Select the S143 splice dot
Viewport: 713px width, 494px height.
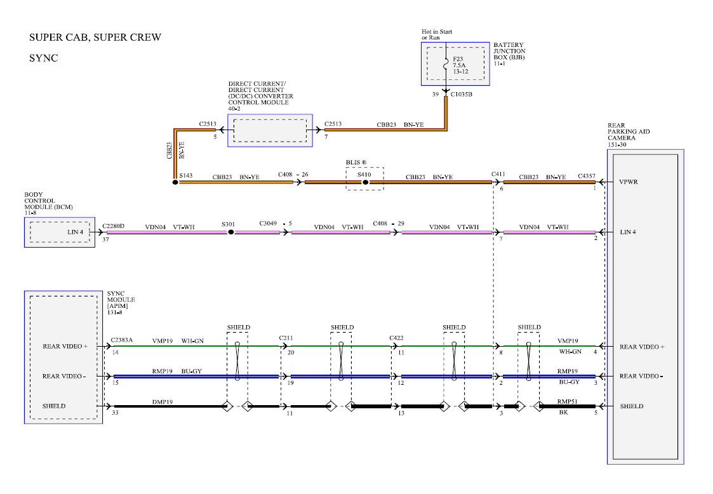click(x=175, y=182)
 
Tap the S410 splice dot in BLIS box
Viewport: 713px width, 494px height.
click(x=365, y=182)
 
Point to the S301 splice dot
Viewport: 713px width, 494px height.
click(x=230, y=232)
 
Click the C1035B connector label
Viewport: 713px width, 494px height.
click(x=461, y=95)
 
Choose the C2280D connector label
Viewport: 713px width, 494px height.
click(x=113, y=226)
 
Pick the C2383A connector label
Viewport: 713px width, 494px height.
click(x=122, y=340)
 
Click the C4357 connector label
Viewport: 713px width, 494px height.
click(x=587, y=176)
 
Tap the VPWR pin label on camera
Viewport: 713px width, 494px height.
click(x=629, y=182)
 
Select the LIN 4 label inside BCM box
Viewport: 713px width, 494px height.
click(x=76, y=232)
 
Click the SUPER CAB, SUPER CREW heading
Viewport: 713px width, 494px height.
click(x=95, y=37)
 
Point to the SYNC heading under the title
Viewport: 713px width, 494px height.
click(x=44, y=58)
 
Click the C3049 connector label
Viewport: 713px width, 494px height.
click(x=269, y=224)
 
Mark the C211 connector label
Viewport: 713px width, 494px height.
click(x=286, y=338)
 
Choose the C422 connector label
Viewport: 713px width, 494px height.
click(x=397, y=338)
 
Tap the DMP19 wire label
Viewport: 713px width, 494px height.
click(x=163, y=402)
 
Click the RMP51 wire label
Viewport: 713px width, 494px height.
click(x=568, y=402)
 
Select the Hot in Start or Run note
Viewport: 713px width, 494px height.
click(x=437, y=34)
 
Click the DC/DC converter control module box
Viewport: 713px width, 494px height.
click(x=270, y=131)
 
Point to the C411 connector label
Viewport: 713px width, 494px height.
click(x=498, y=174)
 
